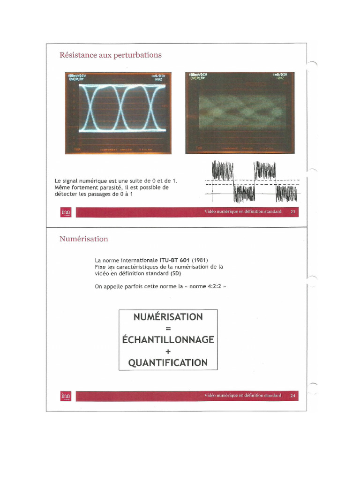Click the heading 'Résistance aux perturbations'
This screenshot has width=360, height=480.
click(x=110, y=55)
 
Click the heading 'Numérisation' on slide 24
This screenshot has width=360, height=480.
click(x=83, y=239)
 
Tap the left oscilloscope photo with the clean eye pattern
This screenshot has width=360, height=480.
click(x=118, y=113)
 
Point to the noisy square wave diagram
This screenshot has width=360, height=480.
click(x=253, y=183)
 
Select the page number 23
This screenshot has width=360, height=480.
click(x=293, y=212)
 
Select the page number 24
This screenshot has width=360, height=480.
click(x=293, y=396)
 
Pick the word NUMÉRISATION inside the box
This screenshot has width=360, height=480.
click(x=168, y=317)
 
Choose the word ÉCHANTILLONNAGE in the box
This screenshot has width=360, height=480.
click(x=168, y=340)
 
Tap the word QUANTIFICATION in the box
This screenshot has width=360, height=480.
click(x=168, y=363)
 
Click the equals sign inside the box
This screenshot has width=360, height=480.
click(x=168, y=329)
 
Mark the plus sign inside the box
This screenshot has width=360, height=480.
click(x=168, y=352)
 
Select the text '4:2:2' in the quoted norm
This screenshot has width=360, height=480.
click(x=215, y=286)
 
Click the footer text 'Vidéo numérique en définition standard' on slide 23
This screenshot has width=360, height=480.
click(x=243, y=212)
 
